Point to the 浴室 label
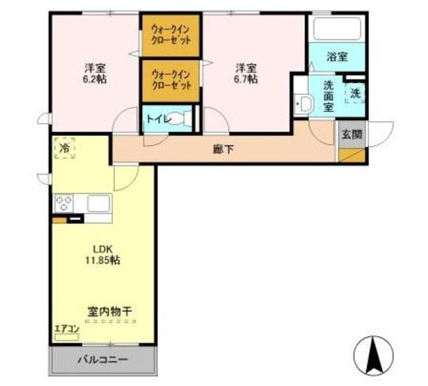pyautogui.click(x=336, y=58)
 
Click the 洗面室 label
pyautogui.click(x=328, y=95)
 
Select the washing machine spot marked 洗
pyautogui.click(x=354, y=93)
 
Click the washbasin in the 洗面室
pyautogui.click(x=304, y=104)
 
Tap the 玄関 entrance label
pyautogui.click(x=352, y=134)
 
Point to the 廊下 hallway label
pyautogui.click(x=223, y=149)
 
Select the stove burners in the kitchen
pyautogui.click(x=65, y=203)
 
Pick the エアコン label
pyautogui.click(x=67, y=328)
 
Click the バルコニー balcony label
pyautogui.click(x=102, y=360)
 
